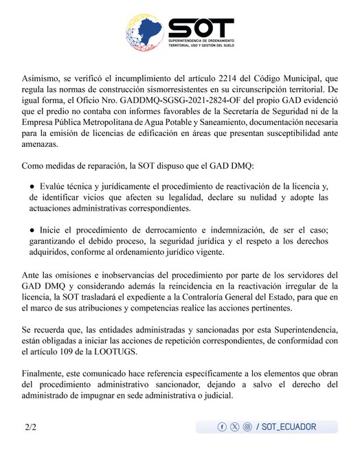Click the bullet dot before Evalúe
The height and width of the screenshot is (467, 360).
(32, 187)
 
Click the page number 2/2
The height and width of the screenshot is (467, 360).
(31, 427)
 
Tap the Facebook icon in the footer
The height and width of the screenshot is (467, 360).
(222, 427)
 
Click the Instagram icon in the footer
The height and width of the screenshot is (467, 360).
(247, 427)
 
